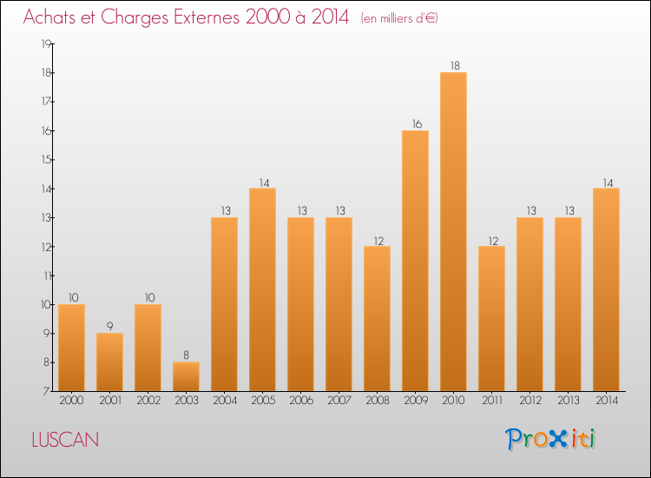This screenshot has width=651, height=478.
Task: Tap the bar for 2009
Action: coord(415,261)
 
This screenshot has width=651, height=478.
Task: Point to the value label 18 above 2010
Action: coord(453,65)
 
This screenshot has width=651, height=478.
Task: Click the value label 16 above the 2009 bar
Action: coord(415,123)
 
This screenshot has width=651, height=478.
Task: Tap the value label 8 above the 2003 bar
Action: coord(186,355)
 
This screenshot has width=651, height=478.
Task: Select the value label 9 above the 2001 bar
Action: coord(109,327)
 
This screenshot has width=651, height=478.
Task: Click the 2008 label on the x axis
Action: coord(377,401)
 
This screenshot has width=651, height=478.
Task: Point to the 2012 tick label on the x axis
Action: coord(529,401)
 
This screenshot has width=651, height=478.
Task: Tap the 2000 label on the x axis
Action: coord(71,401)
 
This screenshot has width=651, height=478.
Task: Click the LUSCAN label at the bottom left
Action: coord(65,440)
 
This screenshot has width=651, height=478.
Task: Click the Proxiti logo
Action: coord(551,439)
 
